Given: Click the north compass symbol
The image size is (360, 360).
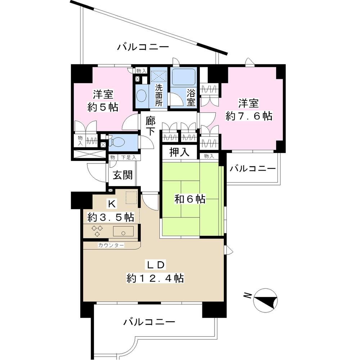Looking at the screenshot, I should point(265,300).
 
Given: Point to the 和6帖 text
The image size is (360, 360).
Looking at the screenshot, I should point(190,199).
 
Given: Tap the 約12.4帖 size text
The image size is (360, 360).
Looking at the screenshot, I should point(155,278).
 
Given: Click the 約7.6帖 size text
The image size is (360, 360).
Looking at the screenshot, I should point(248,116).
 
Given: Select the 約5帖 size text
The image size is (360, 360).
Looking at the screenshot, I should point(104,107).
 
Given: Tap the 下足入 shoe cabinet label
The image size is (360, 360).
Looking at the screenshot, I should point(129,157).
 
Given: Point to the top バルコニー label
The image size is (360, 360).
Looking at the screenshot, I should point(143,47).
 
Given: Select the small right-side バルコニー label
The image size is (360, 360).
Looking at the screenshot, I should point(252,168).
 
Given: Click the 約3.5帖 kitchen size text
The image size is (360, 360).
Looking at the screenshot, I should point(111,217).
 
